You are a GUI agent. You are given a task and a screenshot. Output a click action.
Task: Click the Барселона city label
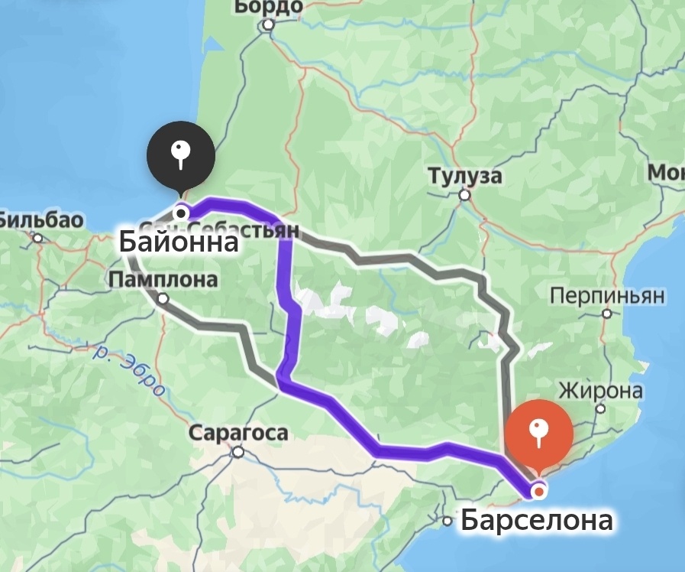pyautogui.click(x=536, y=520)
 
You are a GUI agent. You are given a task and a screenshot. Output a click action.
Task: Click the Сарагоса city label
pyautogui.click(x=238, y=434)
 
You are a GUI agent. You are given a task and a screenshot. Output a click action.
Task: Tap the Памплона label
pyautogui.click(x=163, y=280)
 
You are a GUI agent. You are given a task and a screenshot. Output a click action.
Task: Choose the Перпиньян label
pyautogui.click(x=607, y=295)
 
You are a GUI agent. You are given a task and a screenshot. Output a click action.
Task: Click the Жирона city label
pyautogui.click(x=600, y=391)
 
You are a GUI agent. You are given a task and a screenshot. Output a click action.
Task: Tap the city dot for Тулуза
pyautogui.click(x=464, y=195)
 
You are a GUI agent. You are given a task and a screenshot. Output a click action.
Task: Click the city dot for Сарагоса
pyautogui.click(x=238, y=452)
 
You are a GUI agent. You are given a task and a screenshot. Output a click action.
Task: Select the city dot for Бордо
pyautogui.click(x=268, y=25)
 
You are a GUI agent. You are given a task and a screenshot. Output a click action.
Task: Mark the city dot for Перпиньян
pyautogui.click(x=606, y=314)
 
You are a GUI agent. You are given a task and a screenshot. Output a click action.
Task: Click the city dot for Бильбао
pyautogui.click(x=37, y=238)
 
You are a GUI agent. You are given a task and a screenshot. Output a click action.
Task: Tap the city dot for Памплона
pyautogui.click(x=163, y=299)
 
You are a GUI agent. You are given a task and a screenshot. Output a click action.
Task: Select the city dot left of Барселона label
pyautogui.click(x=448, y=522)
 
